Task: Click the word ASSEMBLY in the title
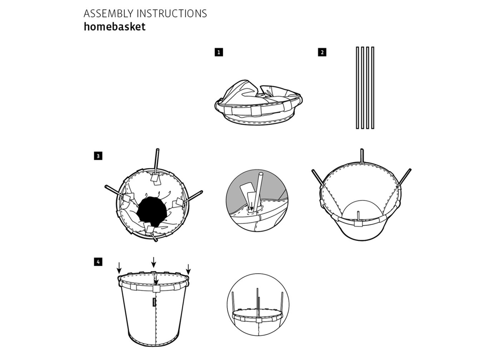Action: click(x=108, y=14)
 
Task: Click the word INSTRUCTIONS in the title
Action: click(x=172, y=14)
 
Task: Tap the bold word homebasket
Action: click(x=115, y=27)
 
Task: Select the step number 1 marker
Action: click(x=219, y=52)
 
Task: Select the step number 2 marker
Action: click(x=322, y=52)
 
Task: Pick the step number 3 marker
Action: click(x=98, y=156)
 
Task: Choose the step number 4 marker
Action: click(x=98, y=262)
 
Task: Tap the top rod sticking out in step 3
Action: click(x=157, y=160)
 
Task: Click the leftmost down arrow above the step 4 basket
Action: click(x=119, y=266)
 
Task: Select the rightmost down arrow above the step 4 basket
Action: click(x=188, y=268)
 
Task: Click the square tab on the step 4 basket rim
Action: click(x=155, y=289)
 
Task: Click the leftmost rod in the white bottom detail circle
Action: click(x=233, y=303)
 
